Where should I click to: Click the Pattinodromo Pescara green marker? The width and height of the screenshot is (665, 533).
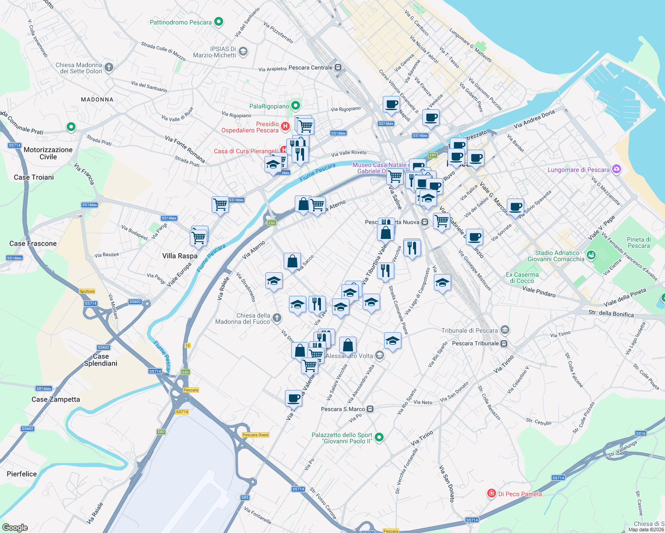point(218,21)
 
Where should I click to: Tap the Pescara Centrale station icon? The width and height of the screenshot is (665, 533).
point(338,68)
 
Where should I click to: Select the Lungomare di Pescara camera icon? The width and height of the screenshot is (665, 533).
point(616,169)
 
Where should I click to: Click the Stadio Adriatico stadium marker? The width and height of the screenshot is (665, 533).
point(591,255)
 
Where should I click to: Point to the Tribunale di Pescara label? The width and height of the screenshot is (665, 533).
point(469,330)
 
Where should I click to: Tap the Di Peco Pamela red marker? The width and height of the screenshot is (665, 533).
point(491,493)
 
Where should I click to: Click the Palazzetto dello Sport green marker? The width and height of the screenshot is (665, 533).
point(379,438)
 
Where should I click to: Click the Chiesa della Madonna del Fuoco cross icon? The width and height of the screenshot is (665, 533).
point(276,318)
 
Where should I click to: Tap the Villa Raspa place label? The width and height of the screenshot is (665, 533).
point(180,256)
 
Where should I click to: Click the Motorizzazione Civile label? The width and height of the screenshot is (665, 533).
point(48,153)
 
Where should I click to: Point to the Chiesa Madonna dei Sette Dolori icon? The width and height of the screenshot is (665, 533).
point(109,68)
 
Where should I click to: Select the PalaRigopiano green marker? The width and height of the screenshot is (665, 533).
point(295,106)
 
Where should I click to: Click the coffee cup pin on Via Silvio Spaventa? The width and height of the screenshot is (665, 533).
point(515,207)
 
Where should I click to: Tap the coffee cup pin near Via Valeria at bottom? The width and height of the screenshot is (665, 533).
point(293,398)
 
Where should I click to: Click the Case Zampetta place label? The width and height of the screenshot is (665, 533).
point(56,399)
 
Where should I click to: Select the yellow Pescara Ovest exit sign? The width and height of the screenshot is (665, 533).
point(256,435)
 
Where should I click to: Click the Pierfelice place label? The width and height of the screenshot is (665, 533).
point(22,474)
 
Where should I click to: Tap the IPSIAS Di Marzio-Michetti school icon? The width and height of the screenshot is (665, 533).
point(243,52)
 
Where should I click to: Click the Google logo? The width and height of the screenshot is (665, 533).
point(15,528)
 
